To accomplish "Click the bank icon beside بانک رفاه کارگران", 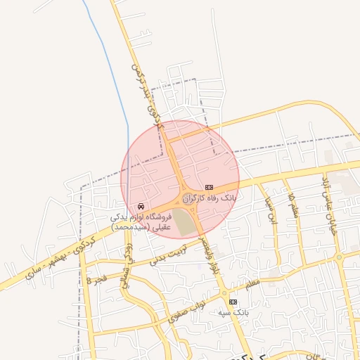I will pyautogui.click(x=208, y=187).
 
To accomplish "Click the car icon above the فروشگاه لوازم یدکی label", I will pyautogui.click(x=141, y=206).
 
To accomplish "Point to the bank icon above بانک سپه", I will pyautogui.click(x=234, y=301).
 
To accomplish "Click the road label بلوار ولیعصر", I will pyautogui.click(x=209, y=256).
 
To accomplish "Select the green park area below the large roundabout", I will pyautogui.click(x=184, y=222).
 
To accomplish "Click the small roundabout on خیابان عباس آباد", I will pyautogui.click(x=339, y=257).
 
